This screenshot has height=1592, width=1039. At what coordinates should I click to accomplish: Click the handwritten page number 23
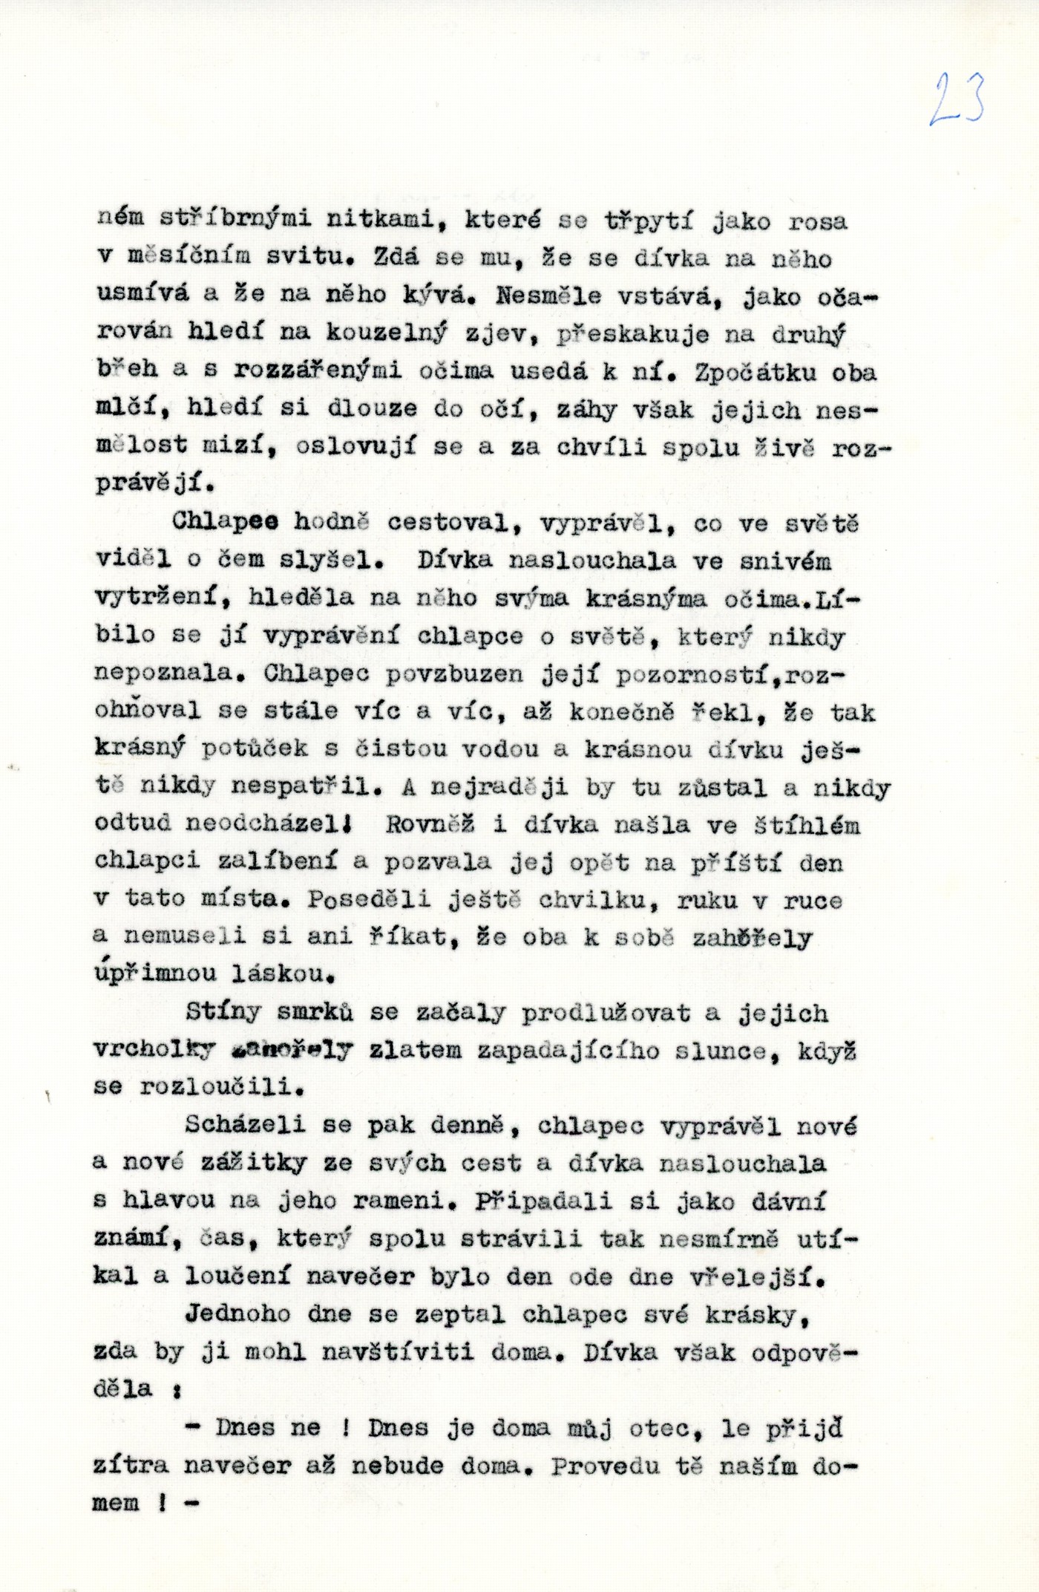click(957, 99)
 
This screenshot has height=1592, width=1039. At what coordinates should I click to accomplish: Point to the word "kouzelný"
click(385, 333)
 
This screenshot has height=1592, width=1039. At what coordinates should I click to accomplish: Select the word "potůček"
click(255, 748)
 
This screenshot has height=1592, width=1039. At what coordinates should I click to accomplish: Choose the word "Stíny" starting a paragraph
click(223, 1011)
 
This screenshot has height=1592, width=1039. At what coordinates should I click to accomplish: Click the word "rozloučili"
click(221, 1087)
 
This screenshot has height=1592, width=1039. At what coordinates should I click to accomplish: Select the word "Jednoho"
click(237, 1314)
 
